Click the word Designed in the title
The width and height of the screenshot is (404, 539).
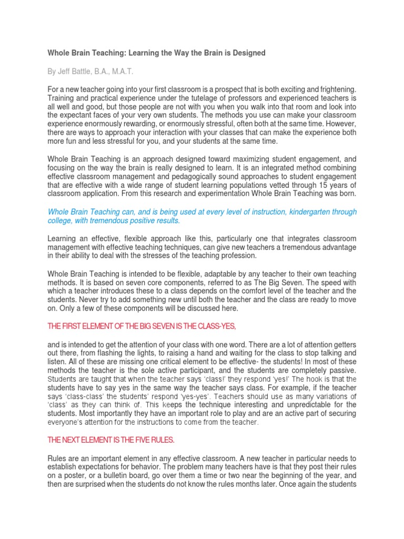pyautogui.click(x=248, y=53)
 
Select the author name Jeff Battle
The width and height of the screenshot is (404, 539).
pyautogui.click(x=77, y=72)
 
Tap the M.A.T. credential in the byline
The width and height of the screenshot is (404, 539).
pyautogui.click(x=132, y=72)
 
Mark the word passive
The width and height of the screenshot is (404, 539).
pyautogui.click(x=342, y=370)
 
